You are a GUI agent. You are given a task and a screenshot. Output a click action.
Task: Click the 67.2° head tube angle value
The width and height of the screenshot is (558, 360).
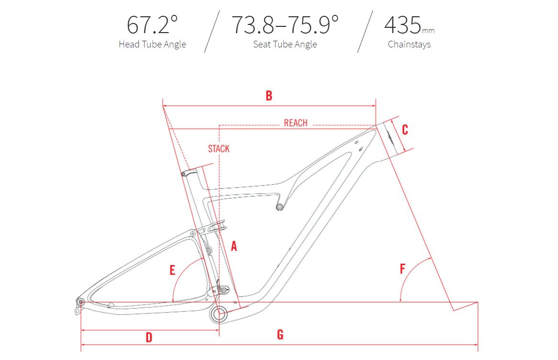[x=152, y=24]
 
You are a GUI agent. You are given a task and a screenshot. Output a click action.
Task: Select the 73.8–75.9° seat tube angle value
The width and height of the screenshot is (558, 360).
[x=285, y=24]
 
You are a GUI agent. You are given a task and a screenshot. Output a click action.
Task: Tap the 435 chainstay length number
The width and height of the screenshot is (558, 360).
[x=403, y=24]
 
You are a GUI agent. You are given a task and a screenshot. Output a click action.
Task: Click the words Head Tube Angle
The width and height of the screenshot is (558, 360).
[x=152, y=44]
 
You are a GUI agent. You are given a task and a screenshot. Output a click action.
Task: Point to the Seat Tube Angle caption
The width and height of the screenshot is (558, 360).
[x=285, y=44]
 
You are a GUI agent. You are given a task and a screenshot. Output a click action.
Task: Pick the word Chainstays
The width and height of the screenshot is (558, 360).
[x=409, y=44]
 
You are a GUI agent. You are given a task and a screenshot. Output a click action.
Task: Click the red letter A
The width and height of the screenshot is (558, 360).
[x=234, y=246]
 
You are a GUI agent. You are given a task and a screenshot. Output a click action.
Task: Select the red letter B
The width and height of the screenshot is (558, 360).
[x=269, y=95]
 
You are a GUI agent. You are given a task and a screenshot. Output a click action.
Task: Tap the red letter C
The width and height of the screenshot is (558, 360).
[x=405, y=129]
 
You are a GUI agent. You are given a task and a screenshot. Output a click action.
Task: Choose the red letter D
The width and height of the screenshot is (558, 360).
[x=149, y=337]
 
